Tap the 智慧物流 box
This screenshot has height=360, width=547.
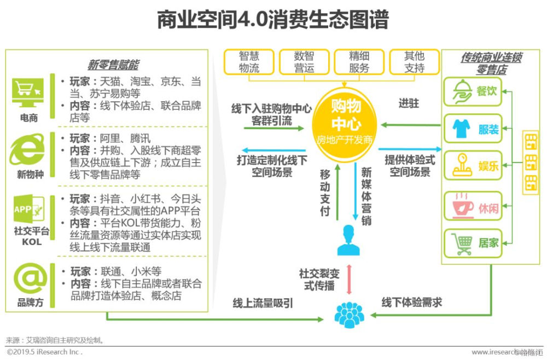pyautogui.click(x=249, y=62)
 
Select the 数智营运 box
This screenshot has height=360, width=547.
pyautogui.click(x=304, y=62)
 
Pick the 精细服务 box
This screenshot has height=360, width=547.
pyautogui.click(x=359, y=62)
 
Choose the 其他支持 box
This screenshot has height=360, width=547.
pyautogui.click(x=414, y=62)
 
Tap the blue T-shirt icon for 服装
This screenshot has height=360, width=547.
pyautogui.click(x=461, y=129)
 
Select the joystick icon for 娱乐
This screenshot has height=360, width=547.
pyautogui.click(x=461, y=165)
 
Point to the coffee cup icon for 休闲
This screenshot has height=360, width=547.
pyautogui.click(x=461, y=206)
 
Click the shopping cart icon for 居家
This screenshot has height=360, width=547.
pyautogui.click(x=461, y=243)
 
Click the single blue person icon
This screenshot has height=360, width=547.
pyautogui.click(x=348, y=240)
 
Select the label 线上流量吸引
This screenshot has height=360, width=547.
pyautogui.click(x=263, y=303)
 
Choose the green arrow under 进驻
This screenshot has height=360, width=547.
pyautogui.click(x=410, y=125)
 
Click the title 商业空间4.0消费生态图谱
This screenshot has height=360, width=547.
pyautogui.click(x=272, y=20)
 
